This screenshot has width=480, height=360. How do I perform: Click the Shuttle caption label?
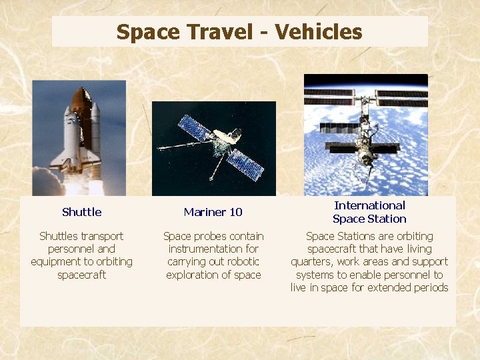(x=81, y=212)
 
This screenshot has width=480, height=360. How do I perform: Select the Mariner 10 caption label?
(x=213, y=212)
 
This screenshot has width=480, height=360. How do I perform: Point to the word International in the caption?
(x=369, y=205)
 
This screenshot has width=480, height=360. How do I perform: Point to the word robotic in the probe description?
(x=242, y=262)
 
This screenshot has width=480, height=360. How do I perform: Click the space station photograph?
(x=365, y=133)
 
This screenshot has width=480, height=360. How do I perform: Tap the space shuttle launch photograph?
(x=79, y=137)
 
